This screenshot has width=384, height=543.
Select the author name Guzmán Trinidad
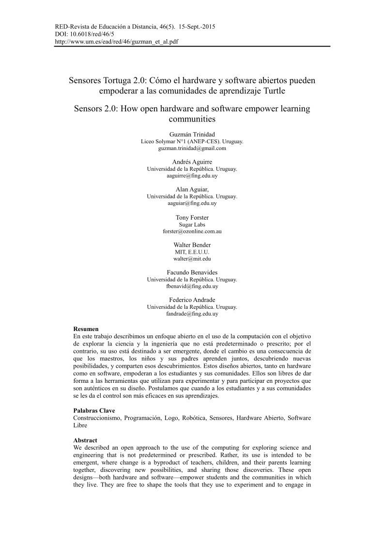tap(192, 134)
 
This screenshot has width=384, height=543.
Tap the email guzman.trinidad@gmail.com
tap(192, 149)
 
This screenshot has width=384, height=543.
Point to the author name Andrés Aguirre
tap(192, 162)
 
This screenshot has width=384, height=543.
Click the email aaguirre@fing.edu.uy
tap(192, 176)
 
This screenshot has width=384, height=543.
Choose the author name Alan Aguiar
tap(192, 189)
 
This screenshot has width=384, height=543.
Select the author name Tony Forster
tap(192, 217)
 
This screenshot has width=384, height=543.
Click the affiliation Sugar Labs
tap(192, 225)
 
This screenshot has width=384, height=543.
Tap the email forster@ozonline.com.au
tap(192, 231)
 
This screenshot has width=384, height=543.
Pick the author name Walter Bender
tap(192, 245)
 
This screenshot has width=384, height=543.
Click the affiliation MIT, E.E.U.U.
tap(192, 252)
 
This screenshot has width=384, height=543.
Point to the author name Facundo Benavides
tap(192, 272)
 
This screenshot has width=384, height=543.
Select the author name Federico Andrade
tap(192, 300)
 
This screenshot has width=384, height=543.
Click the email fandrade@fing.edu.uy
tap(192, 314)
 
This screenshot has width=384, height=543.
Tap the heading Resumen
tap(86, 329)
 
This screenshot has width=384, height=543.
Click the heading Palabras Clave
tap(94, 410)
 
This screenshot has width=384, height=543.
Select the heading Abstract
tap(85, 441)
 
